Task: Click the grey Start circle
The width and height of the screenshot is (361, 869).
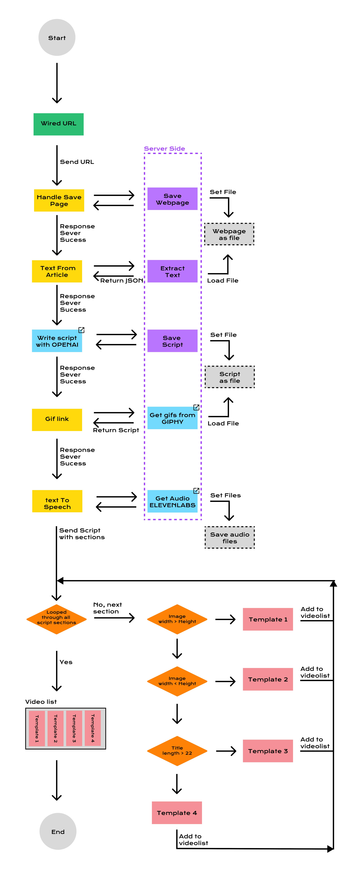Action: click(57, 37)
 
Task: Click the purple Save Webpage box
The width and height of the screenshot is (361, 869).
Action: click(172, 199)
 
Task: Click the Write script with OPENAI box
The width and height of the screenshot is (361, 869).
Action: click(57, 341)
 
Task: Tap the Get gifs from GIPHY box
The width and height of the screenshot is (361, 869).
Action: click(172, 418)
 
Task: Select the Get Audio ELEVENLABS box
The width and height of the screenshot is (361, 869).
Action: click(172, 502)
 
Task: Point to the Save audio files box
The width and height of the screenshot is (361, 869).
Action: click(230, 537)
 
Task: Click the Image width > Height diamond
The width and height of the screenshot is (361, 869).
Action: click(177, 619)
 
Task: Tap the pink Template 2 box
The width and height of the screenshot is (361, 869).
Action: click(268, 679)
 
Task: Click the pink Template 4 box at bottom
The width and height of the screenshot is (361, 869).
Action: click(177, 813)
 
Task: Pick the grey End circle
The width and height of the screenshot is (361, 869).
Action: click(58, 832)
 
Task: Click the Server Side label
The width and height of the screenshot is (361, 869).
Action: click(164, 148)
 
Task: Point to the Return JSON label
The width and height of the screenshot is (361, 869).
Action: click(122, 280)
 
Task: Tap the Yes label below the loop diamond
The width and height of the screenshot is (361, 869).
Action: click(66, 662)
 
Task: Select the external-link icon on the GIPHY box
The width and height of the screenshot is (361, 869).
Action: click(196, 407)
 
